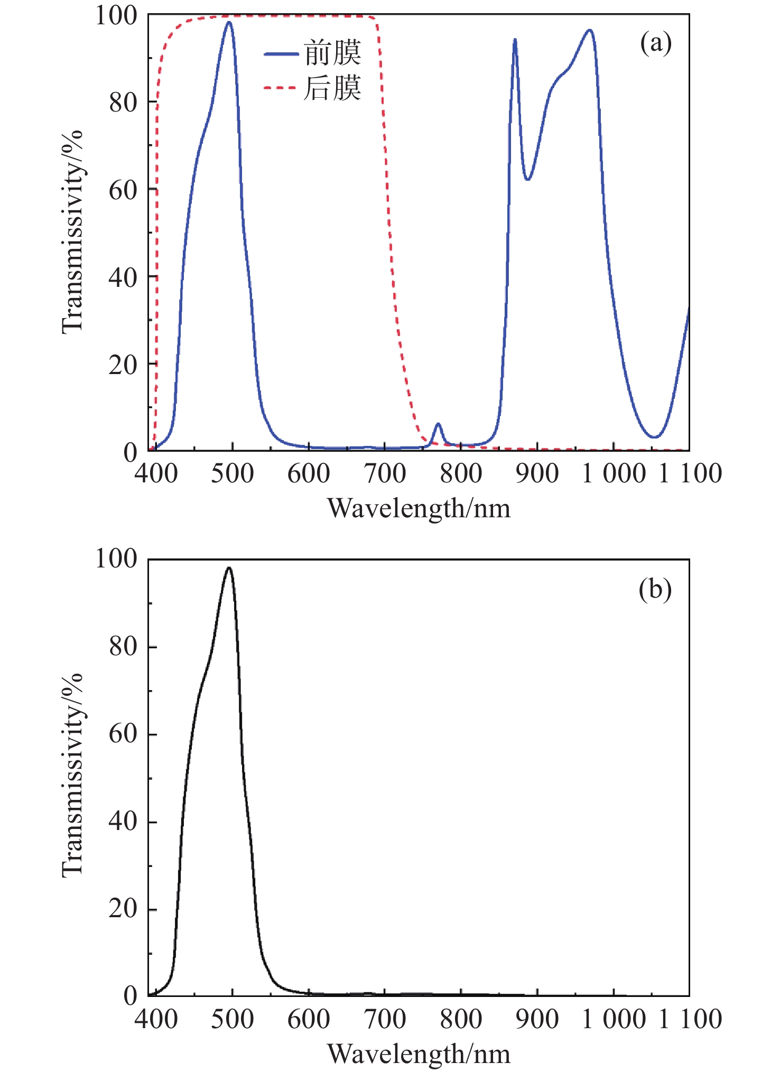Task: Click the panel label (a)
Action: pyautogui.click(x=656, y=43)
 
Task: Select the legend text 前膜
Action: pyautogui.click(x=332, y=53)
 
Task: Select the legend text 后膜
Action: pyautogui.click(x=332, y=88)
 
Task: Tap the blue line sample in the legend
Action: pyautogui.click(x=281, y=53)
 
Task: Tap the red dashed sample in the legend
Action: pyautogui.click(x=281, y=88)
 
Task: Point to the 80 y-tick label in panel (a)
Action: pyautogui.click(x=123, y=102)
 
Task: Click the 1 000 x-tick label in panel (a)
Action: pyautogui.click(x=613, y=473)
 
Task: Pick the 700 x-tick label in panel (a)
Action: pyautogui.click(x=385, y=473)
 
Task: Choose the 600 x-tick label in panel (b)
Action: pyautogui.click(x=308, y=1019)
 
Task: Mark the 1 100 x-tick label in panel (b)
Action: pyautogui.click(x=690, y=1019)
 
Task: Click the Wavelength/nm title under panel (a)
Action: pyautogui.click(x=419, y=508)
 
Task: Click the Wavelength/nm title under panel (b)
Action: pyautogui.click(x=419, y=1054)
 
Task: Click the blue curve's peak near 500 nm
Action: pyautogui.click(x=229, y=22)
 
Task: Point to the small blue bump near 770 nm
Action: pyautogui.click(x=438, y=424)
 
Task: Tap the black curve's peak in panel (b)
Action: pyautogui.click(x=229, y=568)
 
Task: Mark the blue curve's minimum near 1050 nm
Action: pyautogui.click(x=654, y=437)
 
